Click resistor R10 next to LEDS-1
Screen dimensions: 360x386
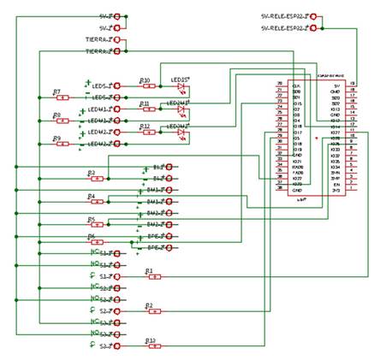(x=146, y=86)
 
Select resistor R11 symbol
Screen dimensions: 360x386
(x=146, y=109)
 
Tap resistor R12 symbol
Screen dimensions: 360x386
(x=146, y=133)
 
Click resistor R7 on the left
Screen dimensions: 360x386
(x=57, y=97)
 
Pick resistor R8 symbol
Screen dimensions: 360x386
(x=57, y=121)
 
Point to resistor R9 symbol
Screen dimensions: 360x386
(x=57, y=144)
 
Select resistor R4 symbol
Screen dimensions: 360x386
(x=97, y=202)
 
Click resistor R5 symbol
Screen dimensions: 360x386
(x=97, y=225)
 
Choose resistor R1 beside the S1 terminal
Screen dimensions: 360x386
(x=151, y=276)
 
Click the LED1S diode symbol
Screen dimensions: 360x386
(x=181, y=86)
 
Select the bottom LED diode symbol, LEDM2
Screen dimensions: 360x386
(x=181, y=133)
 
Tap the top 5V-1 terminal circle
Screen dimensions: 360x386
(x=118, y=16)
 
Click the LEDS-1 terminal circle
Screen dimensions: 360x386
(x=118, y=86)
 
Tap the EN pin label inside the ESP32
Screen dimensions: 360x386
(x=336, y=184)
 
